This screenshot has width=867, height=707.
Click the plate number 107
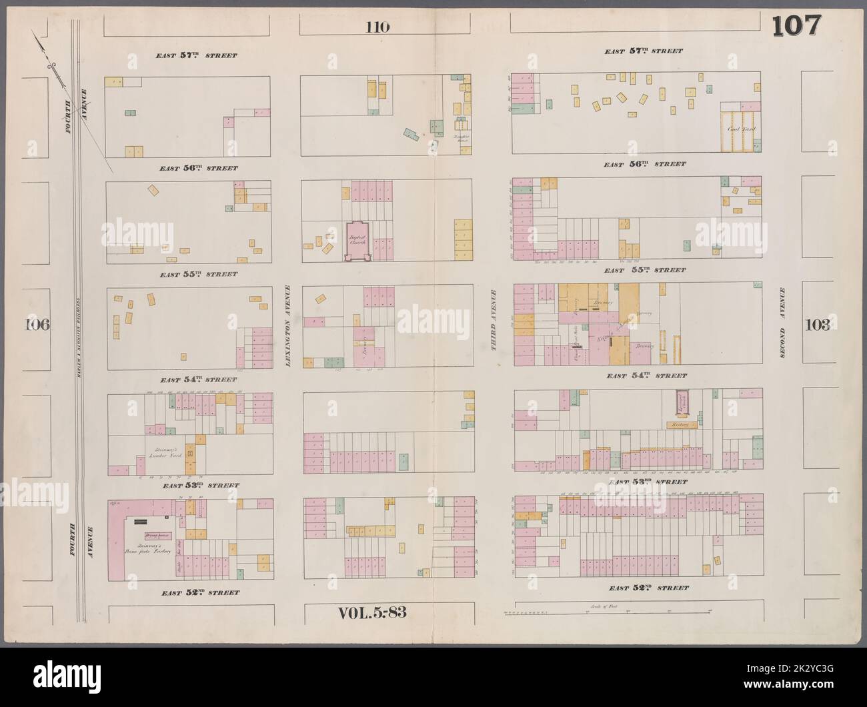(x=796, y=26)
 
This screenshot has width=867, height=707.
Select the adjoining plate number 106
(x=37, y=325)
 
